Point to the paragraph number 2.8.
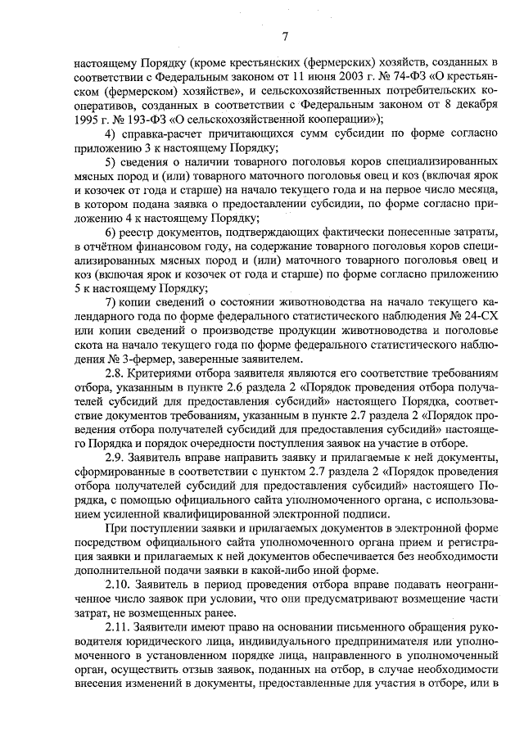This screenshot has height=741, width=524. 115,375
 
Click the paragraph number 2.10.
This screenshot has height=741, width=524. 119,585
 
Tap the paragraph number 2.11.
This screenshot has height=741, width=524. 119,629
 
